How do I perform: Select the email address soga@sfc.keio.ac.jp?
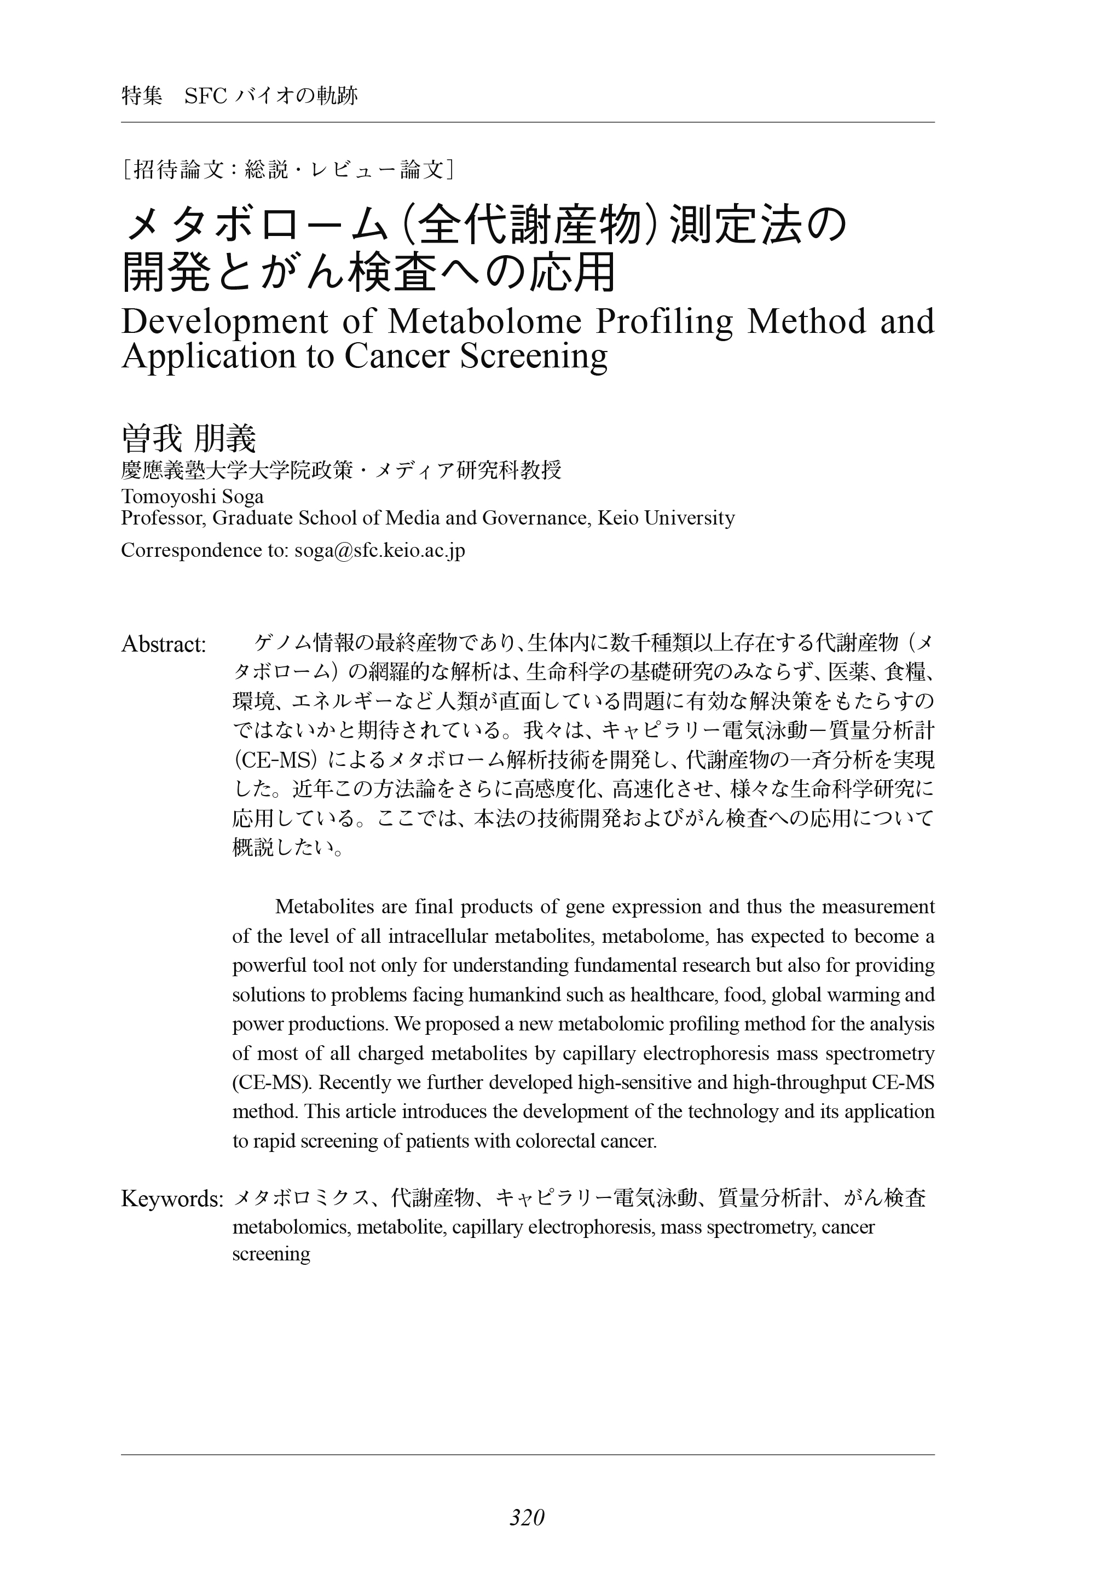coord(379,550)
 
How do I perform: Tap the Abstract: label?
coord(164,645)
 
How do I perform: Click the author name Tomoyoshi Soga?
coord(192,496)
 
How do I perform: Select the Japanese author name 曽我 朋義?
coord(188,439)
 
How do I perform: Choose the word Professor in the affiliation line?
coord(163,518)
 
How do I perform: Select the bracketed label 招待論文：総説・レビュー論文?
coord(288,170)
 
